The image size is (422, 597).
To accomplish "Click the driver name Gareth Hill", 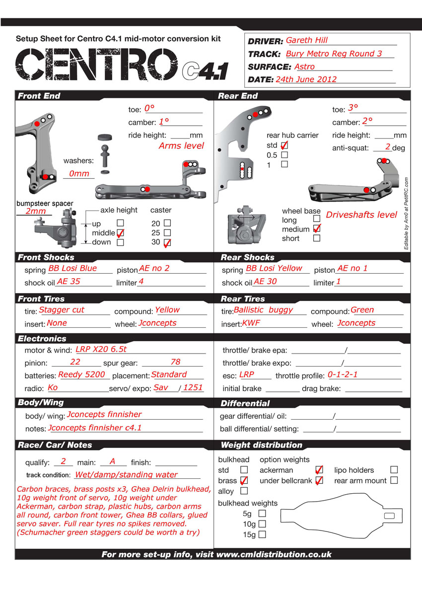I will point(307,41).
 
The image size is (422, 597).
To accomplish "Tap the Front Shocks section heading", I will point(46,257).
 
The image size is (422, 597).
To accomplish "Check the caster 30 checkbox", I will point(167,242).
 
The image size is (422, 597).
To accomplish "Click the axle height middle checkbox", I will point(120,232).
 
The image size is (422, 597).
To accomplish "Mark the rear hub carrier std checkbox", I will point(284,146).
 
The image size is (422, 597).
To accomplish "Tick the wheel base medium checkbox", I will point(317,228).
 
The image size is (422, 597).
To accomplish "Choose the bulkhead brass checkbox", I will point(244,480).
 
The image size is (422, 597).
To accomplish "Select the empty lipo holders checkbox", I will point(394,469).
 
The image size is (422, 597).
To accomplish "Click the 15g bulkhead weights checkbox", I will point(262,534).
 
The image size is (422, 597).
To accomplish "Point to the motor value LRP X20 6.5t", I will point(101,349).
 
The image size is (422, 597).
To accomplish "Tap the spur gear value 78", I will point(175,362).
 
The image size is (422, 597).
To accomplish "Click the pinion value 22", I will point(75,362).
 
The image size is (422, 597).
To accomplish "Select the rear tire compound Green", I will point(362,310).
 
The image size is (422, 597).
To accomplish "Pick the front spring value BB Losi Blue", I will point(72,269).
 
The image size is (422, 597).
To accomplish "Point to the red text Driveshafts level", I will point(361,215).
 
